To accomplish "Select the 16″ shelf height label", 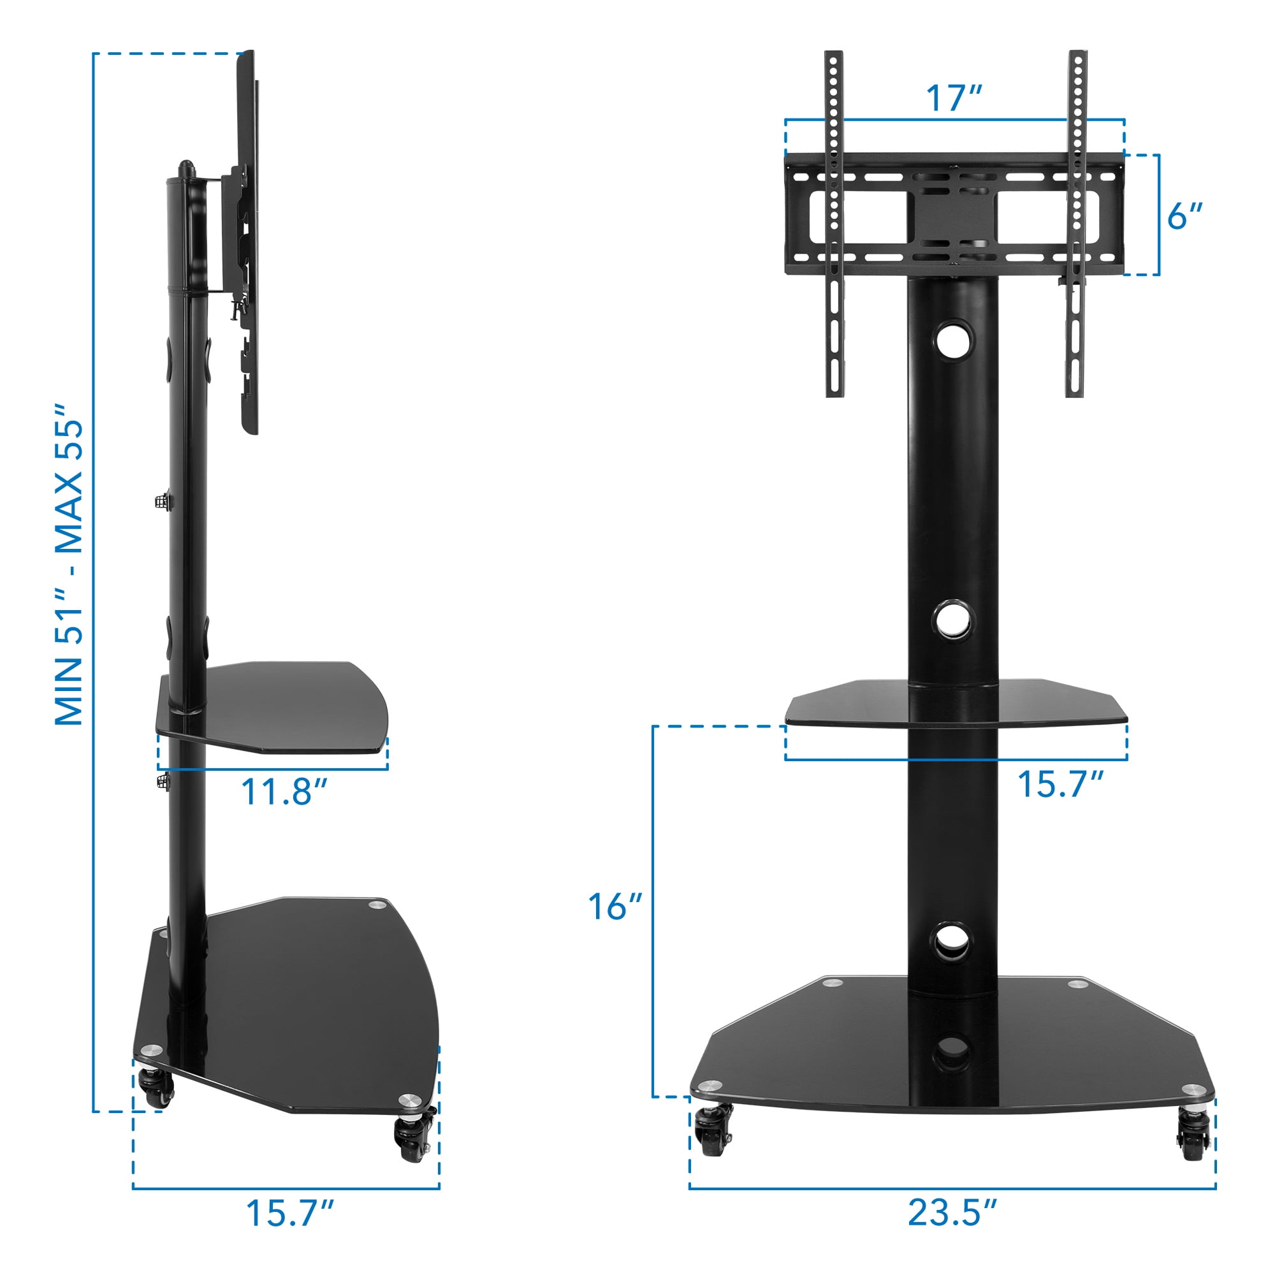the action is (x=615, y=906).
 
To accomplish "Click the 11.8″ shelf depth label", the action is (x=284, y=791).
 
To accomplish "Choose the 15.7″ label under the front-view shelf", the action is (x=1061, y=784).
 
